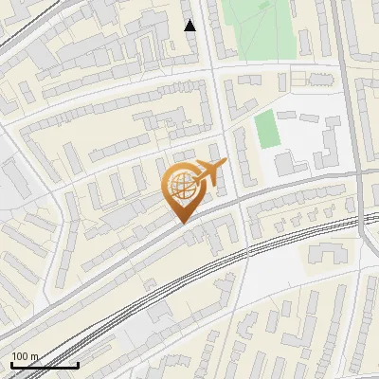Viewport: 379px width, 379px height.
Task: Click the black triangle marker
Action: click(x=190, y=26)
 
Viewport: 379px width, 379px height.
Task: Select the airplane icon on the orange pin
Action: click(x=208, y=171)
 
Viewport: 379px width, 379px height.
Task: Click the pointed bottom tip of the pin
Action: click(x=182, y=222)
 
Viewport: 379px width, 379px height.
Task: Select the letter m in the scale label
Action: click(x=33, y=356)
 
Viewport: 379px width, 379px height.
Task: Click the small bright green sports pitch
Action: click(x=268, y=130)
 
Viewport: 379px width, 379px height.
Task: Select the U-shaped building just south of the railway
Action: click(x=326, y=253)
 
